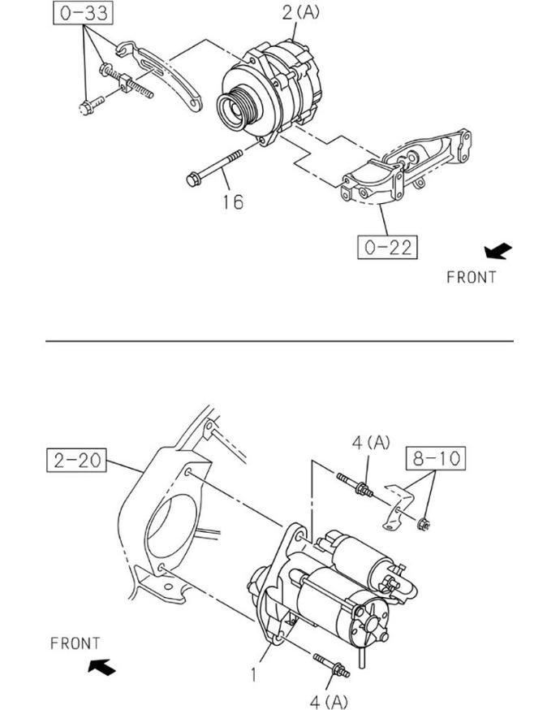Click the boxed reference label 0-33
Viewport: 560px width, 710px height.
pyautogui.click(x=84, y=13)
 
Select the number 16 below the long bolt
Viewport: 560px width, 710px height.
pyautogui.click(x=233, y=202)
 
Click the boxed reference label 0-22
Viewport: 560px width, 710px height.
pyautogui.click(x=387, y=247)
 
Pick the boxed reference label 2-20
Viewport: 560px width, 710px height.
pyautogui.click(x=76, y=460)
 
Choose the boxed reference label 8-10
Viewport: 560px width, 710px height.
pyautogui.click(x=436, y=458)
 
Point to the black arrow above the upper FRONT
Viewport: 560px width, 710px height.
pyautogui.click(x=498, y=251)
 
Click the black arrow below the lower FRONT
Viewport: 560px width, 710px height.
pyautogui.click(x=101, y=667)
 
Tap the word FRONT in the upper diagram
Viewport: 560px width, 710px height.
pyautogui.click(x=472, y=277)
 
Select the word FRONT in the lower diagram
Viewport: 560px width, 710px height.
pyautogui.click(x=75, y=643)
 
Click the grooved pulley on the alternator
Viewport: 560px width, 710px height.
pyautogui.click(x=238, y=109)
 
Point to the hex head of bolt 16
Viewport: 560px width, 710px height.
pyautogui.click(x=193, y=180)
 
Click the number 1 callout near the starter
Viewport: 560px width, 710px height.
pyautogui.click(x=254, y=675)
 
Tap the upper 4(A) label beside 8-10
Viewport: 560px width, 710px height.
pyautogui.click(x=371, y=443)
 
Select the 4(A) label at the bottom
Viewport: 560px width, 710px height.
pyautogui.click(x=329, y=701)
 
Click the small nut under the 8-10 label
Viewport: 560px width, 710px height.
pyautogui.click(x=424, y=524)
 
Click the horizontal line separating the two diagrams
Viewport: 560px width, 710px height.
pyautogui.click(x=279, y=341)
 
